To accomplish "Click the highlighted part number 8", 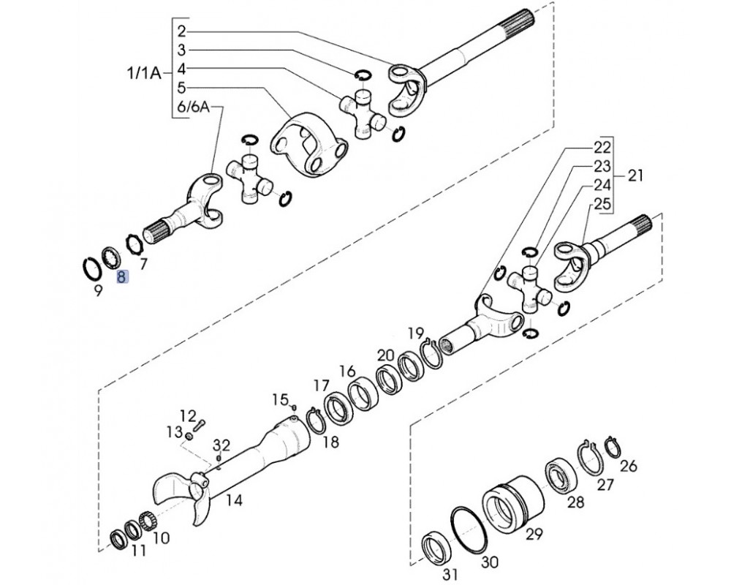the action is click(121, 277).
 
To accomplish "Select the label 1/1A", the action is click(143, 73).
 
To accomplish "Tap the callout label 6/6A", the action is click(194, 107).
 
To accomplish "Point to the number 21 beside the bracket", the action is click(635, 176).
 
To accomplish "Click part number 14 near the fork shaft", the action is click(234, 501).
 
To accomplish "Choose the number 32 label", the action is click(222, 445).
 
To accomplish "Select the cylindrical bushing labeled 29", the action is click(513, 502).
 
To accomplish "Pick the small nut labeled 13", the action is click(189, 437).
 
